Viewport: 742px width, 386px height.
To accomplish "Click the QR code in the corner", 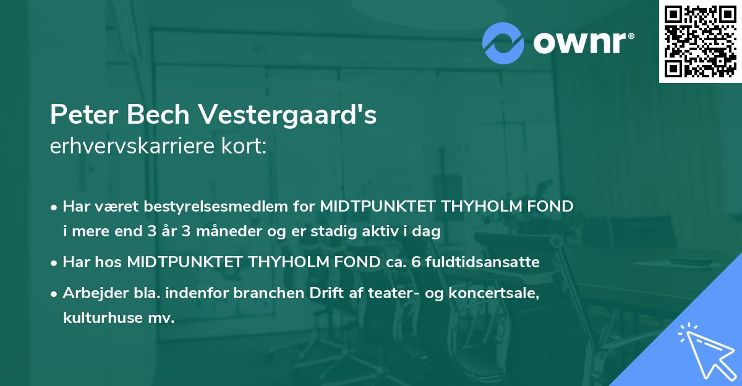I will click(x=700, y=41).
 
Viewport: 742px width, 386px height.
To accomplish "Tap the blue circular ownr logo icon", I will click(x=503, y=43).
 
